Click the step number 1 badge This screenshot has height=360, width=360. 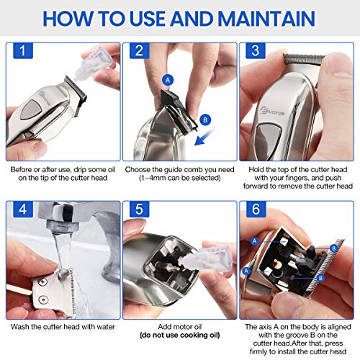pos(23,50)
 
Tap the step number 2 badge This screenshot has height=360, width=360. pos(140,50)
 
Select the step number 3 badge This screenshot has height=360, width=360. pos(256,50)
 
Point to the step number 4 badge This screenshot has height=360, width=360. pos(23,209)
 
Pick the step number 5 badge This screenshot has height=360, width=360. pos(140,209)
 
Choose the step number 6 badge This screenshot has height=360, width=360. pos(256,209)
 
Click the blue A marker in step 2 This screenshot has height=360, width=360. pos(168,80)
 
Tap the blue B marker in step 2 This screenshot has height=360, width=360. pos(205,120)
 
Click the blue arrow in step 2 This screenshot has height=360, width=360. pos(204,137)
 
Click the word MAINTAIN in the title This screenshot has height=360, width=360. pos(266,19)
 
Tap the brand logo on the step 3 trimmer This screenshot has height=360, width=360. pos(272,111)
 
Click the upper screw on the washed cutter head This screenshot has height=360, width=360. pos(43,282)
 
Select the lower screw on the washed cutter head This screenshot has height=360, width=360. pos(43,300)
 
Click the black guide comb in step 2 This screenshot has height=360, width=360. pos(178,109)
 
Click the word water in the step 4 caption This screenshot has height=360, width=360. pos(106,327)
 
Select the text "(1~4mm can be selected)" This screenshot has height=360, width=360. pos(180,178)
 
